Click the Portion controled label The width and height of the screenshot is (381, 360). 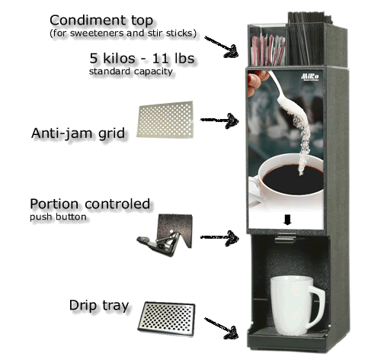[x=90, y=205]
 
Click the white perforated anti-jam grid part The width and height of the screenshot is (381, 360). [x=164, y=121]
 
